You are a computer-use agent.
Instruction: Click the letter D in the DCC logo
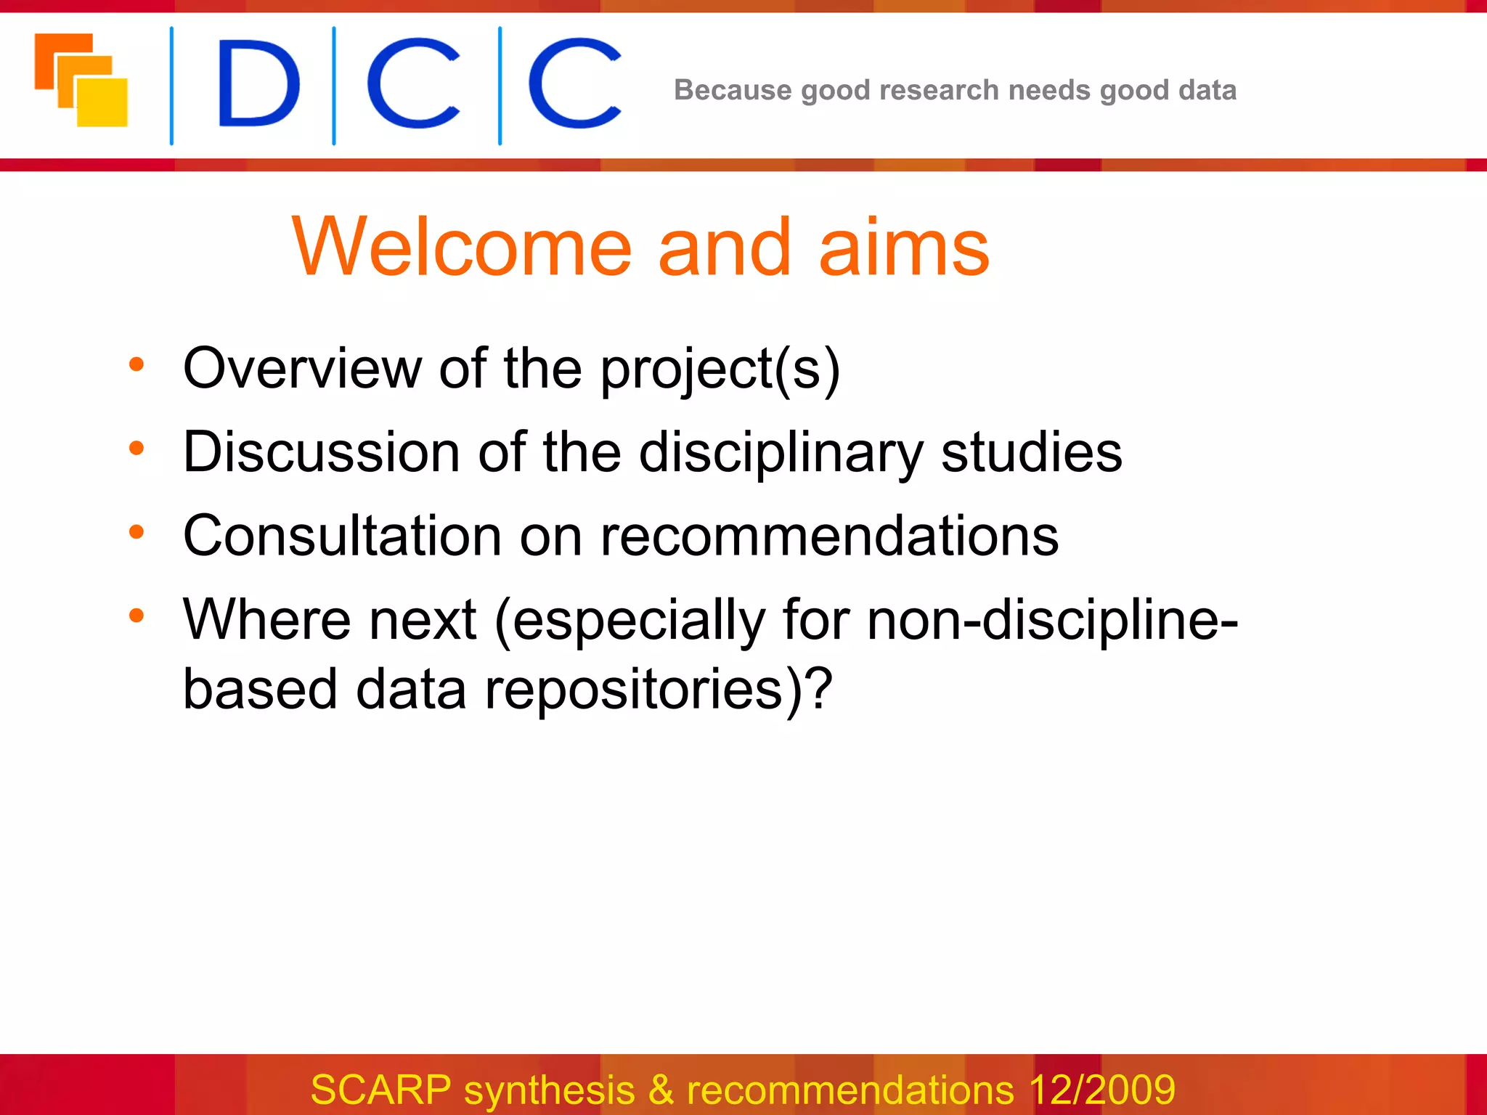click(258, 83)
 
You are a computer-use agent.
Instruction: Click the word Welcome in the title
click(462, 248)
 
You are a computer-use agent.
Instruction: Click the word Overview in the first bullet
click(301, 368)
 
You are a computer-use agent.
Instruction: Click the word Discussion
click(321, 452)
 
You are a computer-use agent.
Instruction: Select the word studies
click(1031, 452)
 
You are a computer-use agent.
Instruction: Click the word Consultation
click(341, 536)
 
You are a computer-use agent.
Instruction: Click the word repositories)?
click(658, 690)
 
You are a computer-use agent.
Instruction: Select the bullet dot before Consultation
click(137, 532)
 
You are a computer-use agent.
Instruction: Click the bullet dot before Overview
click(137, 364)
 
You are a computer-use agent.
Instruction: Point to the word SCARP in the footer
click(380, 1090)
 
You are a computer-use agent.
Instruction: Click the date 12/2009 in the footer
click(1101, 1090)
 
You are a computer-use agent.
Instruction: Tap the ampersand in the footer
click(661, 1090)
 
